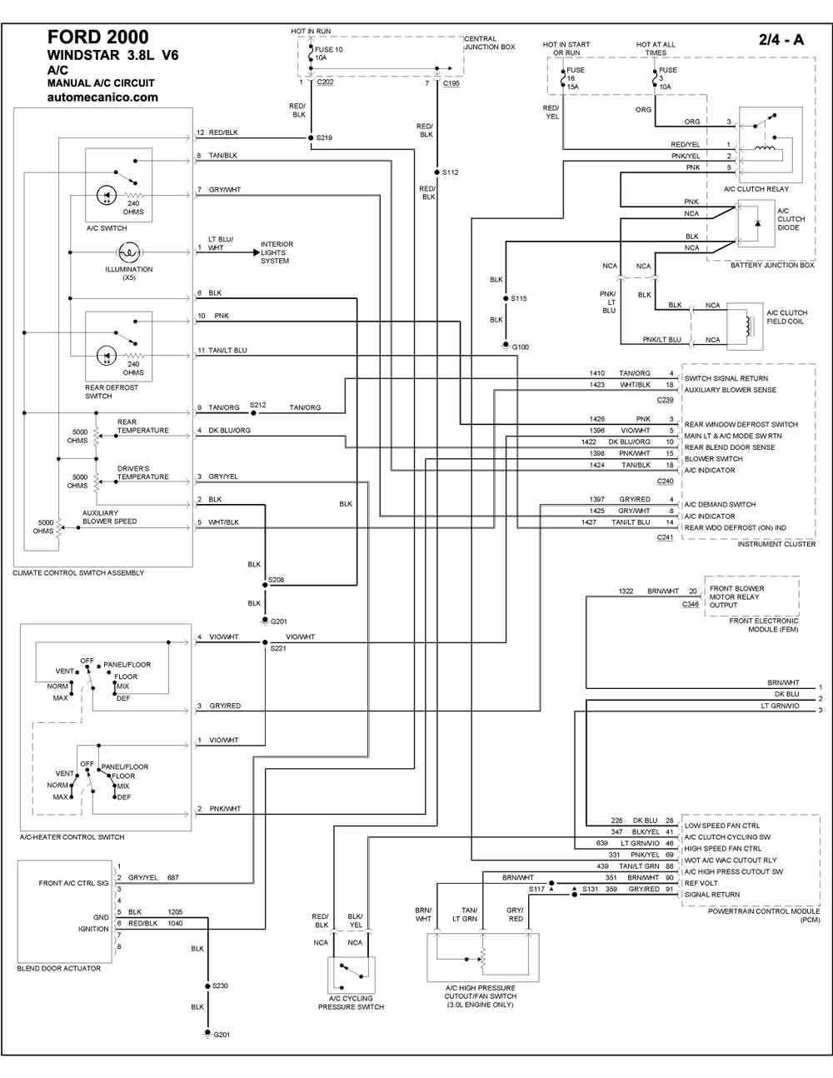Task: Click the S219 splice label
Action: pyautogui.click(x=324, y=138)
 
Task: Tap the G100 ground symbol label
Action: pyautogui.click(x=520, y=347)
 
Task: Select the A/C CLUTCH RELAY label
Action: pyautogui.click(x=756, y=189)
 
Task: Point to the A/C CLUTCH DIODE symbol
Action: pyautogui.click(x=756, y=223)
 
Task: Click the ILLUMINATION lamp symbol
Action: pyautogui.click(x=129, y=252)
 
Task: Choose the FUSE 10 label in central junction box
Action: pyautogui.click(x=328, y=50)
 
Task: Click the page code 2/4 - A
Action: pyautogui.click(x=781, y=40)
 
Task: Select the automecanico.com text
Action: pyautogui.click(x=102, y=97)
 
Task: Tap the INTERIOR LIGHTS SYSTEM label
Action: pyautogui.click(x=277, y=252)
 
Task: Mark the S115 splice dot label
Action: pyautogui.click(x=519, y=298)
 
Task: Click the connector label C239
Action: pyautogui.click(x=665, y=400)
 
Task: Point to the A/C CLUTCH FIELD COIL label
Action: pyautogui.click(x=787, y=317)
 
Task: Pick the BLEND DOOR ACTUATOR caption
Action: pyautogui.click(x=58, y=968)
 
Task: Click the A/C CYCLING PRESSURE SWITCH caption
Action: pyautogui.click(x=351, y=1002)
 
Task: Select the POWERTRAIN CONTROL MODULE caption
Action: pyautogui.click(x=764, y=916)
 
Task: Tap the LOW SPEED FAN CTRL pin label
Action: pyautogui.click(x=722, y=826)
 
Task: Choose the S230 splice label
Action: pyautogui.click(x=220, y=986)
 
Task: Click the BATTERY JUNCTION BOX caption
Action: pyautogui.click(x=772, y=265)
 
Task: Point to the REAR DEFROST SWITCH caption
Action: pyautogui.click(x=112, y=392)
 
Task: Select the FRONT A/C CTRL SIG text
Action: pyautogui.click(x=73, y=883)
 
